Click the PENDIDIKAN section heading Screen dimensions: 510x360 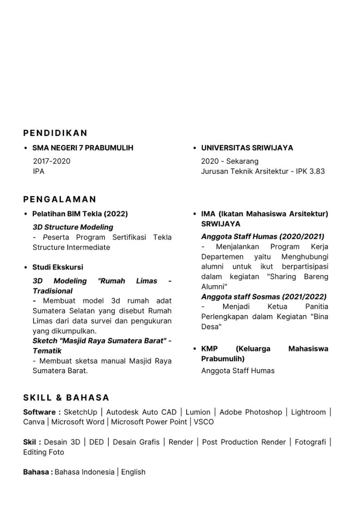click(55, 133)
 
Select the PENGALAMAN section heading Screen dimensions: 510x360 click(60, 199)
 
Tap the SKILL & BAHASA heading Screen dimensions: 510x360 click(66, 398)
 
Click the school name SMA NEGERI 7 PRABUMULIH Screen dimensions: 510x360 click(83, 148)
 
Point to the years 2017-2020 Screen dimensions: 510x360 click(52, 161)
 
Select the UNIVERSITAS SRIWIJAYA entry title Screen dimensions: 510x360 click(247, 148)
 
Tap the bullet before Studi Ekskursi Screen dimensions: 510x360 click(26, 267)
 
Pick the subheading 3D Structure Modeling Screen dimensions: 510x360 click(73, 227)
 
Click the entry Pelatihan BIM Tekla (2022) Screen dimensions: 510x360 click(80, 214)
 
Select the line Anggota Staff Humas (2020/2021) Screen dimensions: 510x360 click(262, 237)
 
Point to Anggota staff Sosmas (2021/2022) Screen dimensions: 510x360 click(264, 297)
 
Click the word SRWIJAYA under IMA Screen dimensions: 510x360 click(221, 224)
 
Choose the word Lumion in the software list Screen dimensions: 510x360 click(197, 412)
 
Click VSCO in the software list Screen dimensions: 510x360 click(203, 422)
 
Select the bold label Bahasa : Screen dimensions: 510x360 click(38, 472)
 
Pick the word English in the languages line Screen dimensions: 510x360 click(133, 472)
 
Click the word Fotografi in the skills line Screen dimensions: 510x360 click(310, 442)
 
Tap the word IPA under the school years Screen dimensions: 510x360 click(39, 171)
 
